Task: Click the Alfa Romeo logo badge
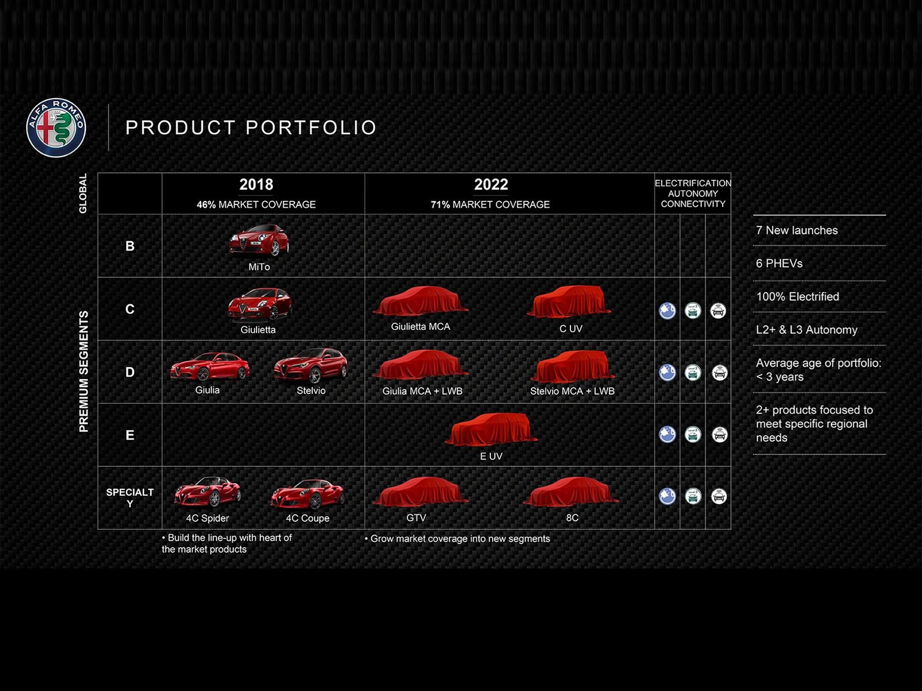click(x=56, y=127)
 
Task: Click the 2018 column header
click(x=256, y=184)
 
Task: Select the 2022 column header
click(x=491, y=184)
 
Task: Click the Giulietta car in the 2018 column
click(x=260, y=305)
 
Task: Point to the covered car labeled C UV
click(x=569, y=302)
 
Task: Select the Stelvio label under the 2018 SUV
click(x=311, y=390)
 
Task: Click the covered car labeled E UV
click(x=491, y=429)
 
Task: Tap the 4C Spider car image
click(x=207, y=492)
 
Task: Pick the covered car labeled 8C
click(x=571, y=492)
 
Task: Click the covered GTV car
click(x=420, y=492)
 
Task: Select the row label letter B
click(x=130, y=246)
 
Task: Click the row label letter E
click(x=130, y=435)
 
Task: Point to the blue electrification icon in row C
click(x=667, y=311)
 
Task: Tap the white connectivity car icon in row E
click(x=719, y=434)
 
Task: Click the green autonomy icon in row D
click(x=693, y=373)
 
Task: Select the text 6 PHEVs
click(x=779, y=264)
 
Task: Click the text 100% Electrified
click(x=798, y=297)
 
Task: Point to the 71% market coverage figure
click(x=440, y=204)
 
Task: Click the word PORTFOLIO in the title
click(x=311, y=127)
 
